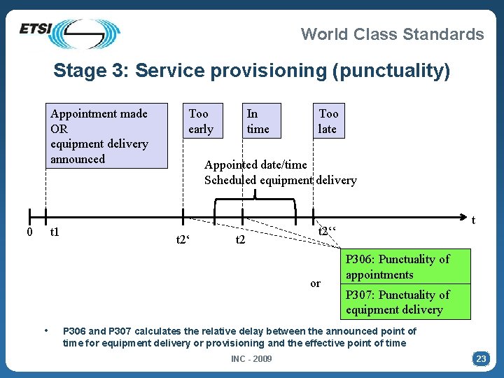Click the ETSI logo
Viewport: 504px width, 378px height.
coord(70,33)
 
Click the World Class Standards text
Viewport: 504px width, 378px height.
coord(392,34)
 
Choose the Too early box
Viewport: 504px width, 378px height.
coord(202,121)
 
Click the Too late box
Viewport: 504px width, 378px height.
coord(328,121)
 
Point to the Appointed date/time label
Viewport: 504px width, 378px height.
coord(255,165)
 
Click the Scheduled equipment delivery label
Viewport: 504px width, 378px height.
coord(281,181)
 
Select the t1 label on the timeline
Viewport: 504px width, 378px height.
coord(55,232)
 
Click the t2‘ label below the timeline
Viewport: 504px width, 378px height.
coord(183,240)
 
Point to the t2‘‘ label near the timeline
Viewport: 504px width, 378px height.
coord(328,232)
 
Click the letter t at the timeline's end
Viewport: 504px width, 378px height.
coord(473,220)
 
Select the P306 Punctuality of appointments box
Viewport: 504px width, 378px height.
coord(405,267)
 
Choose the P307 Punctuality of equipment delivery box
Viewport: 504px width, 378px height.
coord(405,302)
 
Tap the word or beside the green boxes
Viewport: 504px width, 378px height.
coord(316,283)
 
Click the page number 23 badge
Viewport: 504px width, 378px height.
coord(481,358)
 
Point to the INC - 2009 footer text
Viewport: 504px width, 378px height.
coord(252,359)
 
